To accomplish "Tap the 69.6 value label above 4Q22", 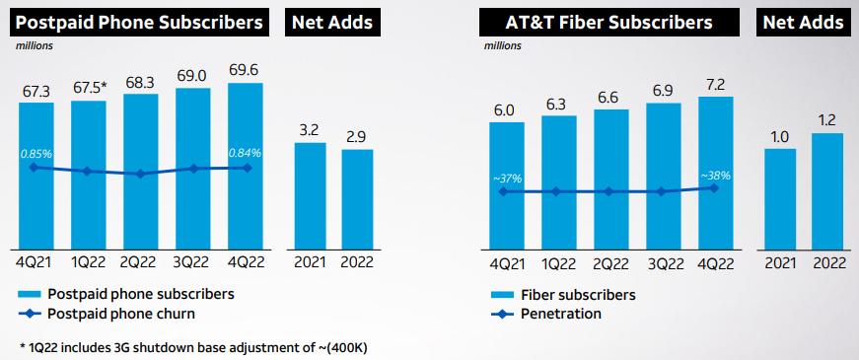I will (x=245, y=71).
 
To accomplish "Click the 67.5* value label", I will (x=90, y=88).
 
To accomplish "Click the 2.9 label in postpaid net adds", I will (x=356, y=136).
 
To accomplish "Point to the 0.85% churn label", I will (x=36, y=153).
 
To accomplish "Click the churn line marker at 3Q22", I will (x=193, y=169).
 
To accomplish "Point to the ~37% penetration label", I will (x=506, y=178).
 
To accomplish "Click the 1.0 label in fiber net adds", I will (x=779, y=136).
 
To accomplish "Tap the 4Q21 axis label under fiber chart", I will (x=506, y=264).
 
